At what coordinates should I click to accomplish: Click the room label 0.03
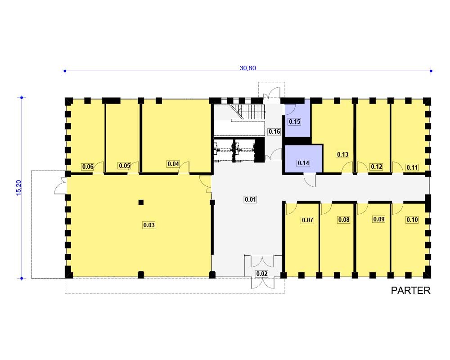coord(149,225)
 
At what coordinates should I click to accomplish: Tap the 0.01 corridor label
coord(250,199)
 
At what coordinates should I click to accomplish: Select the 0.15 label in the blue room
coord(294,121)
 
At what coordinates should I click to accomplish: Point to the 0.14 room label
coord(303,163)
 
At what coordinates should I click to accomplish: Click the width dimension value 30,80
coord(247,68)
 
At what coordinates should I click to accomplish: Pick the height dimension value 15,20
coord(19,188)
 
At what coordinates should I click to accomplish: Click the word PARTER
coord(411,291)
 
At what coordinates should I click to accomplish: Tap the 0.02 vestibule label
coord(262,274)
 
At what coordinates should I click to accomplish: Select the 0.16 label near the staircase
coord(274,131)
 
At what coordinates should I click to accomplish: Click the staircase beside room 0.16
coord(248,112)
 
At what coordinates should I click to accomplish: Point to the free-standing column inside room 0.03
coord(141,202)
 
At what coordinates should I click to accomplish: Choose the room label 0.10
coord(412,220)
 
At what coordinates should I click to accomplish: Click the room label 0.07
coord(307,220)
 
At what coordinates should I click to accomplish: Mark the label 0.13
coord(342,154)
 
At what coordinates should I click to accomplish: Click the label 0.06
coord(88,166)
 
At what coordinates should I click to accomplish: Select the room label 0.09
coord(379,219)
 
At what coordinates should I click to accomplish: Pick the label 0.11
coord(412,167)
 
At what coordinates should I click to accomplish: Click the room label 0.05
coord(125,166)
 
